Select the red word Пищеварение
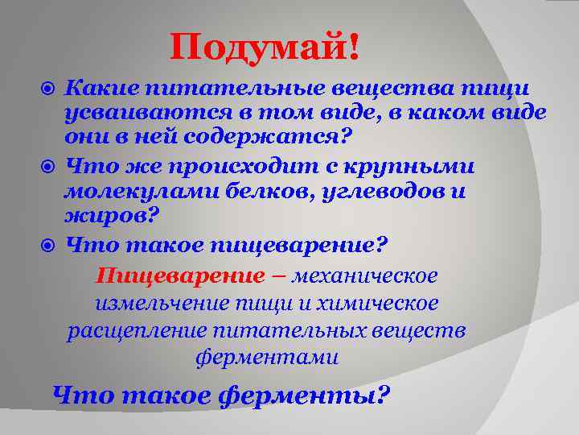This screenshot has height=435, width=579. coord(179,276)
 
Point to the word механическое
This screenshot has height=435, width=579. coord(365,276)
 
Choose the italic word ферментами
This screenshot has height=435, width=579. coord(266,357)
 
